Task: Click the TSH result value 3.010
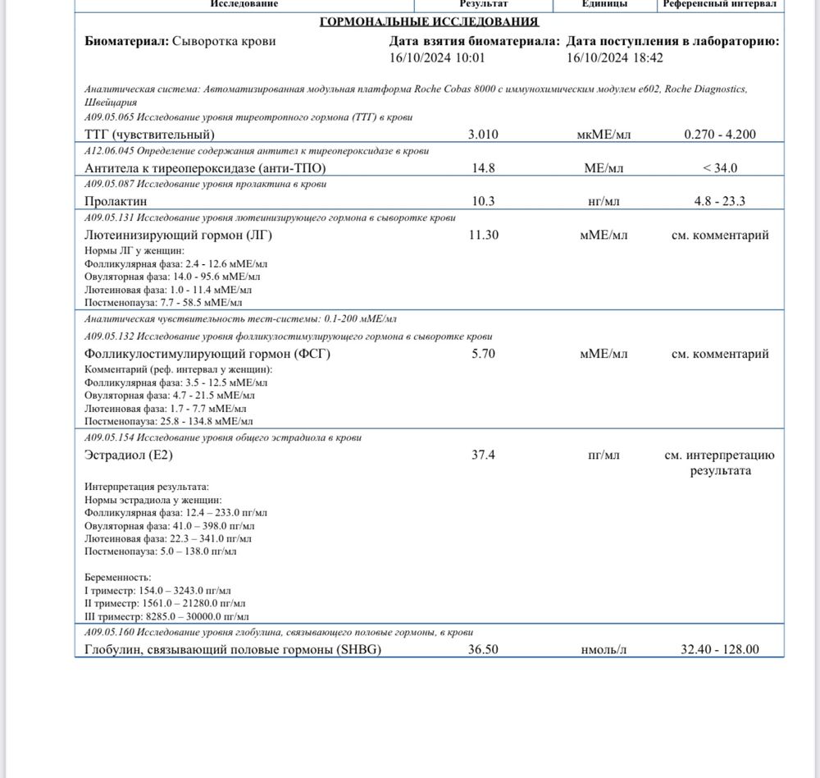tap(483, 135)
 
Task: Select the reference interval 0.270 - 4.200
tap(720, 135)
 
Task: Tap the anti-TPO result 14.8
tap(483, 168)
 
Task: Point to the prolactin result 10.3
tap(483, 201)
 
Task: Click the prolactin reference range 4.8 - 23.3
tap(720, 201)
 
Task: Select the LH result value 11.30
tap(483, 236)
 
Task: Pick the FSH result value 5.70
tap(483, 355)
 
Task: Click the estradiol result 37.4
tap(483, 455)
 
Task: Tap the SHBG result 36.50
tap(483, 649)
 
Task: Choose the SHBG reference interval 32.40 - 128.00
tap(720, 649)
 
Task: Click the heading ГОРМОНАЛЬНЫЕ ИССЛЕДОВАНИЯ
tap(429, 21)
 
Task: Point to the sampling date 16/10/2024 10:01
tap(437, 57)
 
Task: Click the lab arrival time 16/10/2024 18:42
tap(615, 57)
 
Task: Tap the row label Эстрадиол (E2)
tap(129, 455)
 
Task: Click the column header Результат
tap(483, 4)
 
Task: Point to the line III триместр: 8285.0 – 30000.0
tap(166, 616)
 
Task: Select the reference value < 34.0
tap(720, 168)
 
